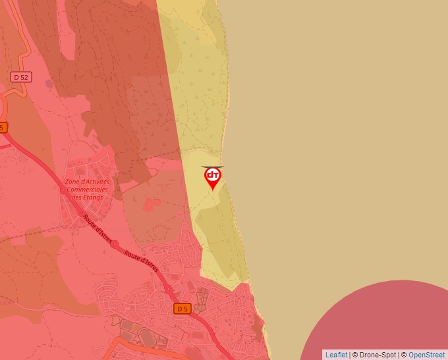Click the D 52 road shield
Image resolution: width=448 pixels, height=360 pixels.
point(21,77)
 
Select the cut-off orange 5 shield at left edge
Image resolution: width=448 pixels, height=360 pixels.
point(3,127)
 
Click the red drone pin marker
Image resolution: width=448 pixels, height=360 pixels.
point(213,176)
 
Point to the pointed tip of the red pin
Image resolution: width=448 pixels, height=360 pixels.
point(213,190)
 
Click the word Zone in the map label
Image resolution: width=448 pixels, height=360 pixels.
point(74,182)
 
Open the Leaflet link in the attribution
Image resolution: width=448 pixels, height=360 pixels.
point(336,355)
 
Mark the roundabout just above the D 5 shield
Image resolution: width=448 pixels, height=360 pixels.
point(169,289)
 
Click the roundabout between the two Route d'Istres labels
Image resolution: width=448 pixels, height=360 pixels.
point(115,244)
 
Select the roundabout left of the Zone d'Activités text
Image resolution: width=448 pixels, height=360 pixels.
point(63,190)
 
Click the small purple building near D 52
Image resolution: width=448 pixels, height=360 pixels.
point(49,84)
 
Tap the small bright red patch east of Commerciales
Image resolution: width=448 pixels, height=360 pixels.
point(151,205)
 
